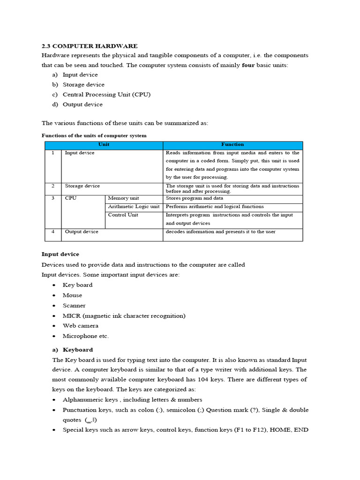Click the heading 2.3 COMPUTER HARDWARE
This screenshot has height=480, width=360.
pyautogui.click(x=90, y=46)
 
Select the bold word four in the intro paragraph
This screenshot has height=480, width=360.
pyautogui.click(x=248, y=65)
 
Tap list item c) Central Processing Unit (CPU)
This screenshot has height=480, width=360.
pyautogui.click(x=106, y=94)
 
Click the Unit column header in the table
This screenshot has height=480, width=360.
pyautogui.click(x=104, y=145)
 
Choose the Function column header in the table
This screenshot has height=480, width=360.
pyautogui.click(x=232, y=145)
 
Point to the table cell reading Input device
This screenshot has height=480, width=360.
pyautogui.click(x=80, y=153)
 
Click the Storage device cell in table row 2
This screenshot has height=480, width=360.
pyautogui.click(x=82, y=186)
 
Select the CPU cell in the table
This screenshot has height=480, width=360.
pyautogui.click(x=71, y=198)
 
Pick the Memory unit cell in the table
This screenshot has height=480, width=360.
pyautogui.click(x=125, y=198)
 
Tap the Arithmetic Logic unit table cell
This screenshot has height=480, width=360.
pyautogui.click(x=134, y=207)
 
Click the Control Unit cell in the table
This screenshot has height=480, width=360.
pyautogui.click(x=123, y=215)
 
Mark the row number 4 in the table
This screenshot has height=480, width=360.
pyautogui.click(x=53, y=232)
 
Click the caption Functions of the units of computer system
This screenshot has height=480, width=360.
pyautogui.click(x=94, y=135)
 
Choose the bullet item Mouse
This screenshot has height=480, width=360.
pyautogui.click(x=72, y=295)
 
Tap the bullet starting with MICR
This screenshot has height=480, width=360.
pyautogui.click(x=124, y=315)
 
